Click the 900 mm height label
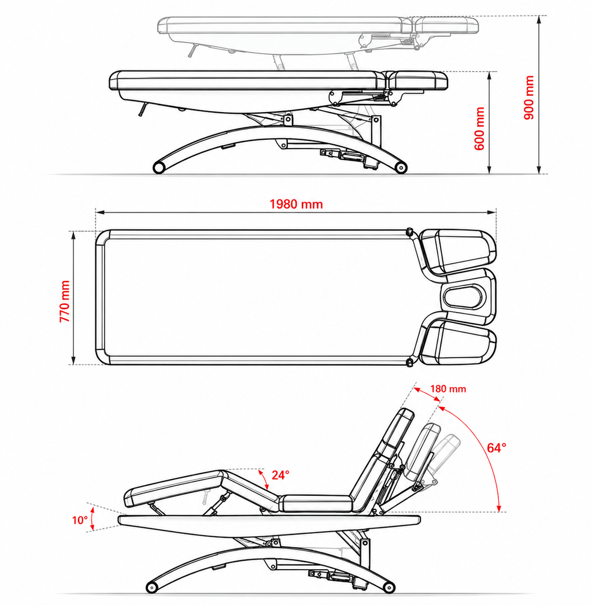coord(529,98)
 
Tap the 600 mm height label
coord(479,128)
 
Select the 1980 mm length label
coord(296,204)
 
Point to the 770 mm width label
coord(65,301)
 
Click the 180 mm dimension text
coord(448,388)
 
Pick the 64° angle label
coord(496,448)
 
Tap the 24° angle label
coord(280,475)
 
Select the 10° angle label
coord(80,521)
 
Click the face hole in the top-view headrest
coord(463,298)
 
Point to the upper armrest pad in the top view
coord(457,252)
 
